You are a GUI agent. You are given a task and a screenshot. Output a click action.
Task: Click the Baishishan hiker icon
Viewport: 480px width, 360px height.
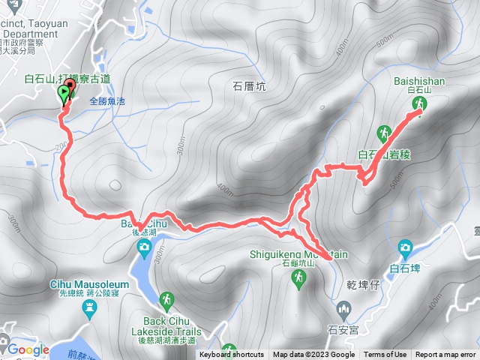(419, 103)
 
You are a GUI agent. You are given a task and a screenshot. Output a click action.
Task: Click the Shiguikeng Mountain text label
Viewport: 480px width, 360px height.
(298, 253)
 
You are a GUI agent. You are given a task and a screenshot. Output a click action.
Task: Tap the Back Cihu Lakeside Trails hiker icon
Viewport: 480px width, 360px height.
(166, 301)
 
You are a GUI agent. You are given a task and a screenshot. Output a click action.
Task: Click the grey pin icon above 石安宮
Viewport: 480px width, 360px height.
(344, 307)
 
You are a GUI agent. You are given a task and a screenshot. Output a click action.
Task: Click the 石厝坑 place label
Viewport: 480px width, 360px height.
(250, 86)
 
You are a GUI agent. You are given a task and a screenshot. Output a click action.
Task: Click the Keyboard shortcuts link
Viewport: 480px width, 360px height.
(232, 355)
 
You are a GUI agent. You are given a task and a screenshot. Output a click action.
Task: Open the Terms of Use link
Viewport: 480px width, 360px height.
(385, 355)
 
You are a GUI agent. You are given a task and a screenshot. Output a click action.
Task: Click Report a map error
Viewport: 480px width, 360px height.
(446, 355)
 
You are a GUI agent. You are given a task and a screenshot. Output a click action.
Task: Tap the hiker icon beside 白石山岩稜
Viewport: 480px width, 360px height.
(385, 133)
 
